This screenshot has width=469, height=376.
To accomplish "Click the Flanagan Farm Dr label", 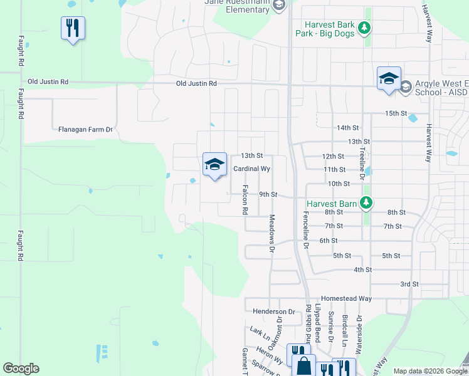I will [85, 130].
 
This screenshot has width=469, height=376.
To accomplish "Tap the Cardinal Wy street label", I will [251, 169].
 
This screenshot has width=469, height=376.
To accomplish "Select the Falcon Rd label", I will [246, 200].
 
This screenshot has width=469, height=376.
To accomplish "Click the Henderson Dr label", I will [273, 311].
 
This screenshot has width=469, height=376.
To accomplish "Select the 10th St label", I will [339, 184].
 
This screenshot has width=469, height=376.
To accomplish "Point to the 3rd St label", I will [409, 284].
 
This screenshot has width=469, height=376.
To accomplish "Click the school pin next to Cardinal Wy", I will [214, 165].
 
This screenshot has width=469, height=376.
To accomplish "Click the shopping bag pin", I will [303, 365].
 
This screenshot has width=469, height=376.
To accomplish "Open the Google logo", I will [21, 368].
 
